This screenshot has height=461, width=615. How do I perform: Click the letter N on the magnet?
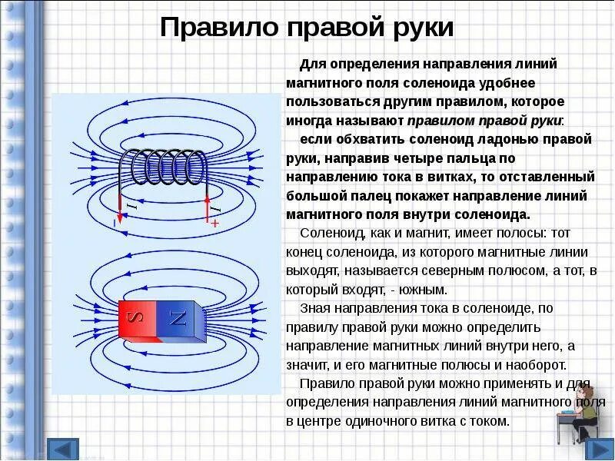178,318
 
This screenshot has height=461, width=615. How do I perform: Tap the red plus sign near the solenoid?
214,223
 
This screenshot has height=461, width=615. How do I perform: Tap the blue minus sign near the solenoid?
115,223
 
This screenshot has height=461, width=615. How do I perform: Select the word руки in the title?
420,28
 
